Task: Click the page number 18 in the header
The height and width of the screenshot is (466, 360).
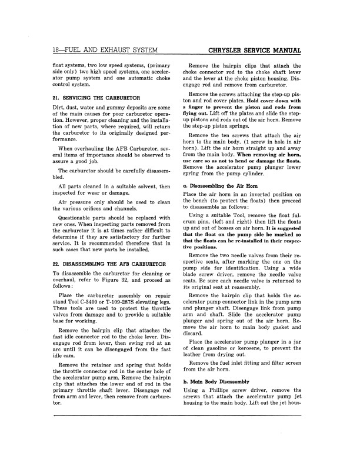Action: point(57,51)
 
